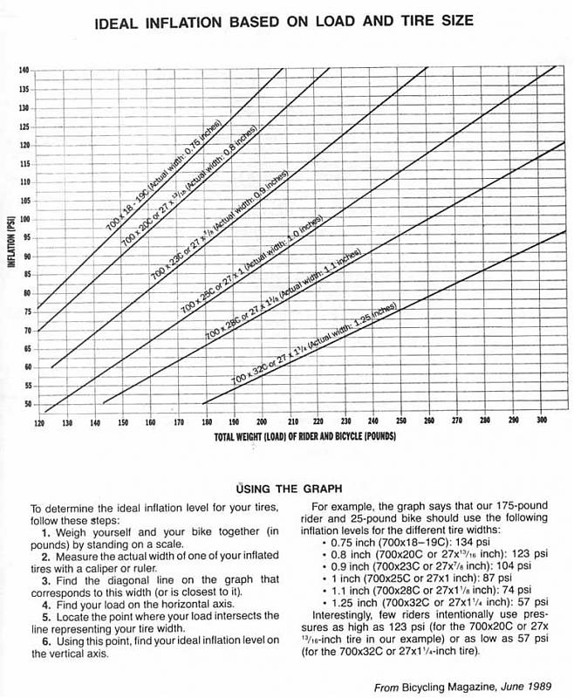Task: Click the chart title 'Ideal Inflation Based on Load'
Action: pyautogui.click(x=284, y=20)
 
